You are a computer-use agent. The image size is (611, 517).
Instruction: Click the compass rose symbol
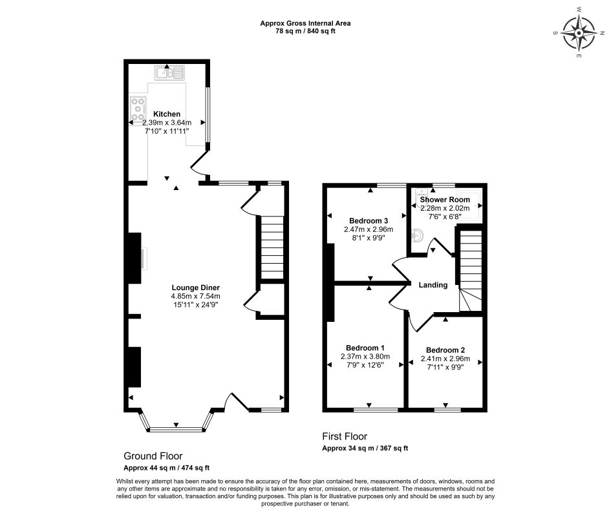pyautogui.click(x=579, y=32)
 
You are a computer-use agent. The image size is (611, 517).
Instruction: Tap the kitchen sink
pyautogui.click(x=169, y=72)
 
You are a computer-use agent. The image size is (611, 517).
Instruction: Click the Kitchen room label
pyautogui.click(x=166, y=114)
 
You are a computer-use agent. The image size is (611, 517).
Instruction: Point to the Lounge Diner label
pyautogui.click(x=195, y=288)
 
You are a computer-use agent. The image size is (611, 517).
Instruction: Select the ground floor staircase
pyautogui.click(x=271, y=248)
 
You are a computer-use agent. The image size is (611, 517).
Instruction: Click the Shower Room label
pyautogui.click(x=445, y=200)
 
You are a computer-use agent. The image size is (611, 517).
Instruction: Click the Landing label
pyautogui.click(x=433, y=285)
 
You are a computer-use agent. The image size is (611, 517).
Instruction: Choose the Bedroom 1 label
pyautogui.click(x=365, y=346)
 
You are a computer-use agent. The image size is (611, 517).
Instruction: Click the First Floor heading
pyautogui.click(x=345, y=437)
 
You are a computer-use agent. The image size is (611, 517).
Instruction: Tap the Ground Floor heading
pyautogui.click(x=153, y=456)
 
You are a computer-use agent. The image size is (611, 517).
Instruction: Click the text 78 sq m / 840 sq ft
pyautogui.click(x=305, y=31)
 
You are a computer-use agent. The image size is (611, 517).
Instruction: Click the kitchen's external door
pyautogui.click(x=200, y=165)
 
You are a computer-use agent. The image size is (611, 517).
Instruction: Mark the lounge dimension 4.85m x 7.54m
pyautogui.click(x=195, y=297)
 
